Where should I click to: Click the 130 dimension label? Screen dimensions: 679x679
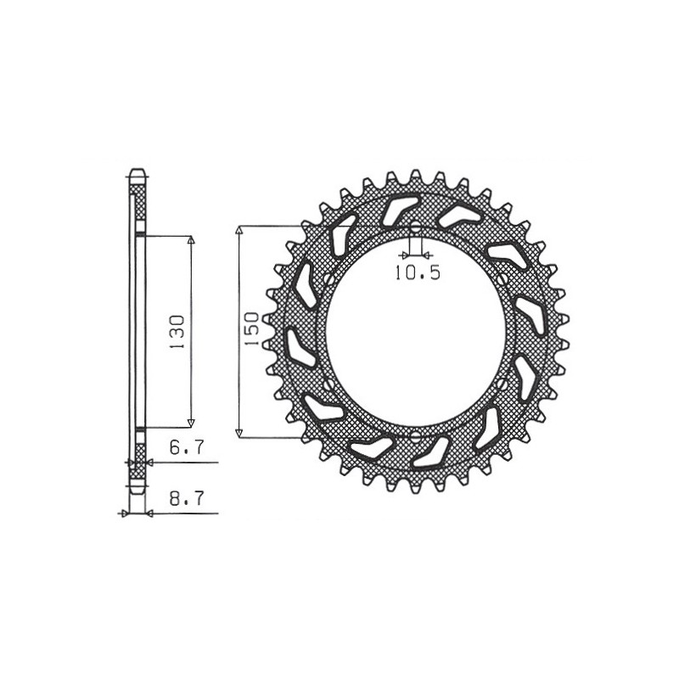(179, 331)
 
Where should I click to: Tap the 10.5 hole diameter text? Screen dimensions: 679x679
(417, 273)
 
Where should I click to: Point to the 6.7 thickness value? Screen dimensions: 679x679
(186, 448)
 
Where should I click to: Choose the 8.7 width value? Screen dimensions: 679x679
(186, 500)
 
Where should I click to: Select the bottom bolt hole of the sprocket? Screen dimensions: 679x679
(416, 436)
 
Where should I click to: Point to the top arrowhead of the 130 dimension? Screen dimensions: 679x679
(191, 240)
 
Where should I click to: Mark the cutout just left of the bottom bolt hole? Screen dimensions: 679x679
(371, 447)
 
